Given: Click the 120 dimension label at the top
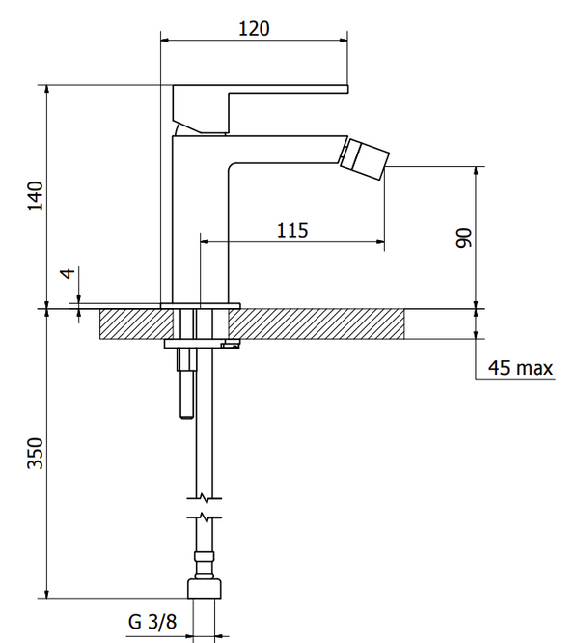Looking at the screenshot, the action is pyautogui.click(x=254, y=29).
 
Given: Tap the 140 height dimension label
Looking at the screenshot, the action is pyautogui.click(x=36, y=196).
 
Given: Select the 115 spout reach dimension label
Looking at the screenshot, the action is pyautogui.click(x=292, y=230).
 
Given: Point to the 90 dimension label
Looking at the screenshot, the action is pyautogui.click(x=463, y=238).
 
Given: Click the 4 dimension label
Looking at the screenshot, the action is pyautogui.click(x=68, y=272).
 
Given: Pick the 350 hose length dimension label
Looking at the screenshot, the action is pyautogui.click(x=36, y=453).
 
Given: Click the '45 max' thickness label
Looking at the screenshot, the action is pyautogui.click(x=520, y=368).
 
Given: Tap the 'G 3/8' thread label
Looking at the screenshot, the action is pyautogui.click(x=152, y=621).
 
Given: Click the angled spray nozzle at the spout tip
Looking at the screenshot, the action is pyautogui.click(x=364, y=158).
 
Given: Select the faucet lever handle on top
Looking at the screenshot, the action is pyautogui.click(x=261, y=109).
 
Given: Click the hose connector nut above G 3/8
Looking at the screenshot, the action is pyautogui.click(x=205, y=589).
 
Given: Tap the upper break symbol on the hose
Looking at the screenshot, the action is pyautogui.click(x=205, y=498).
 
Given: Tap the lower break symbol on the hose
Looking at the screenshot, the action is pyautogui.click(x=205, y=517).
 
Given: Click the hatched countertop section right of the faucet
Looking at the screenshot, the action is pyautogui.click(x=317, y=324).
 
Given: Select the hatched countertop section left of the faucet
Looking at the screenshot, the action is pyautogui.click(x=136, y=324).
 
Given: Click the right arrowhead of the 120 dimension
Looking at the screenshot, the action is pyautogui.click(x=343, y=41).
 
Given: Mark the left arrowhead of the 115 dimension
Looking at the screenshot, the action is pyautogui.click(x=205, y=242).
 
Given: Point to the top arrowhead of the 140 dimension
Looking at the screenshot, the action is pyautogui.click(x=47, y=90).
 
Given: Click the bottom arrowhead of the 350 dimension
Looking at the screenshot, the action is pyautogui.click(x=47, y=594).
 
